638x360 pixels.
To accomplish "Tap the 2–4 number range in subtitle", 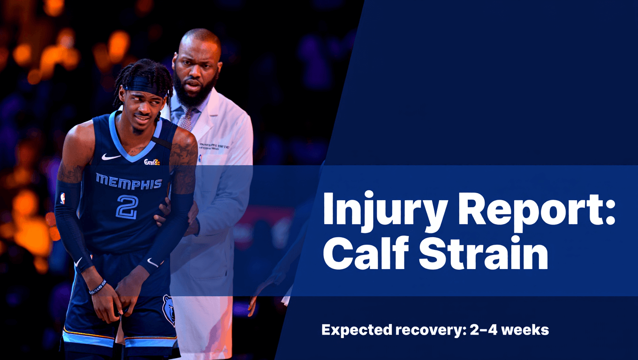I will tap(479, 330).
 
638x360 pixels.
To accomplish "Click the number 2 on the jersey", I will tap(127, 207).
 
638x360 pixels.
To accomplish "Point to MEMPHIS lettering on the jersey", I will tap(129, 182).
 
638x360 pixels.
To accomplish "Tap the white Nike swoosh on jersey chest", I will tap(111, 157).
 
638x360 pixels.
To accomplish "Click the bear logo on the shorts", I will tap(168, 309).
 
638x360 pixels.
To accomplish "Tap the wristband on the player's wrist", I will tap(98, 287).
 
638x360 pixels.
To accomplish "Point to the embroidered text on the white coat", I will tap(214, 146).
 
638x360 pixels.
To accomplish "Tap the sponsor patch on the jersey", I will tap(152, 162).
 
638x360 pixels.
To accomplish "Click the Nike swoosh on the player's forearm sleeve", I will tap(153, 263).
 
